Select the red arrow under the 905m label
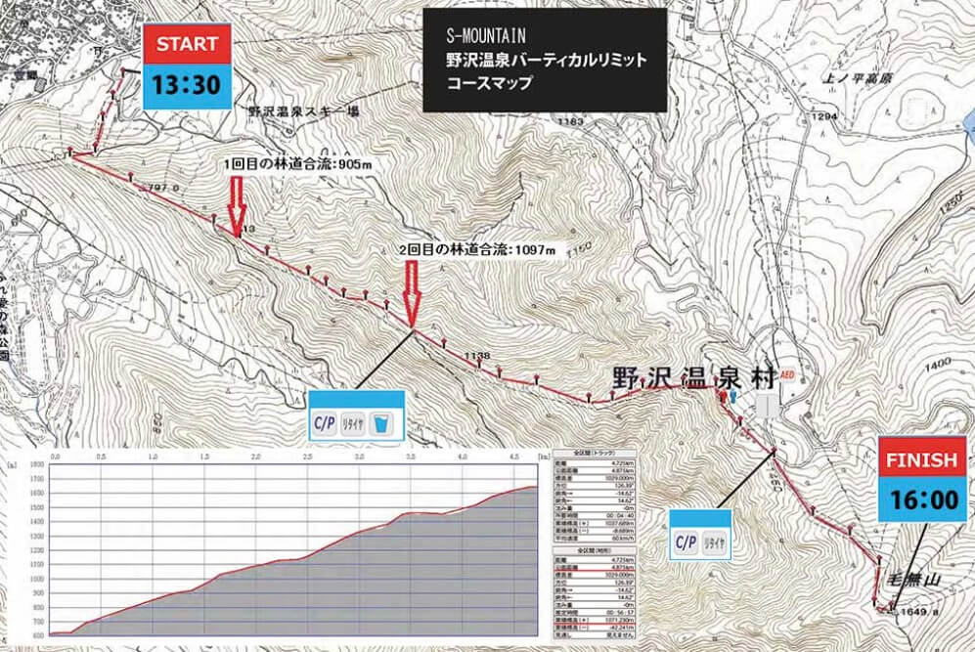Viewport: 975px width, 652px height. point(236,205)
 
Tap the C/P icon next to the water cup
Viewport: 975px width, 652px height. point(324,423)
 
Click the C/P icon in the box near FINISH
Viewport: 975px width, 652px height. point(687,543)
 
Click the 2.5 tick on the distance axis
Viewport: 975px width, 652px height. point(308,456)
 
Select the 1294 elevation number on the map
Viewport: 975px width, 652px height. point(824,116)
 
